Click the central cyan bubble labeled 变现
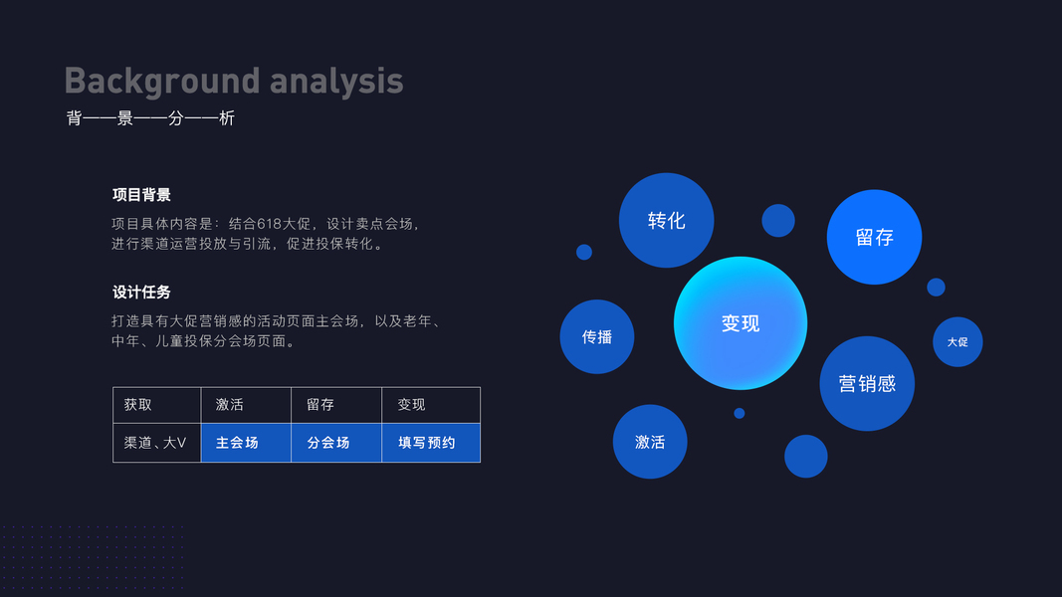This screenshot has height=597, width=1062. click(x=741, y=322)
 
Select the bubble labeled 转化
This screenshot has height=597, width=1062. click(x=667, y=220)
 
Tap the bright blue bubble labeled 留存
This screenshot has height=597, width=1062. click(x=875, y=237)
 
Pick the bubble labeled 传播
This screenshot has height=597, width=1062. click(x=597, y=336)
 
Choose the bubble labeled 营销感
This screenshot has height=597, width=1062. click(x=867, y=383)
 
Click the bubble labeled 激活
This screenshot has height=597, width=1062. click(x=650, y=442)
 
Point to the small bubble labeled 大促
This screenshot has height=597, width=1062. click(x=957, y=342)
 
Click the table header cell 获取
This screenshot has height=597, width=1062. click(x=157, y=405)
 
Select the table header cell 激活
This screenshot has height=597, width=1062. click(x=246, y=405)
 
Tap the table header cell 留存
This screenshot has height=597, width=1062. click(x=336, y=405)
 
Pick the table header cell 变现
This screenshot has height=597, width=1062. click(x=431, y=405)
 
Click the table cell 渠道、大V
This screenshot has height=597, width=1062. click(x=157, y=443)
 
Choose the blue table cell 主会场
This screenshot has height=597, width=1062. click(x=246, y=443)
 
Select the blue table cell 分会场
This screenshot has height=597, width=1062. click(x=336, y=443)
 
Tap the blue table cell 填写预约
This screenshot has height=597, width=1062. click(x=431, y=443)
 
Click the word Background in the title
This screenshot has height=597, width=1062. click(x=162, y=82)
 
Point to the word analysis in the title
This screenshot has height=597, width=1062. click(x=336, y=82)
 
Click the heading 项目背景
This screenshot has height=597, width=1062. click(x=141, y=195)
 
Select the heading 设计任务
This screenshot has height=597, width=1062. click(x=141, y=293)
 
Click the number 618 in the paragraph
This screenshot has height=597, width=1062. click(x=269, y=223)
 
